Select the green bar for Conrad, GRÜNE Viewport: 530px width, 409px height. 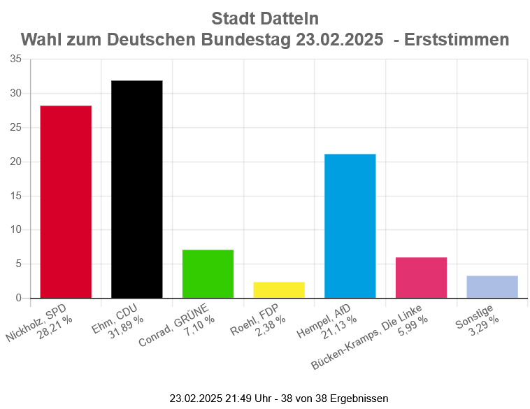[x=208, y=273]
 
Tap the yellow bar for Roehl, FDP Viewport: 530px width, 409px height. [x=278, y=289]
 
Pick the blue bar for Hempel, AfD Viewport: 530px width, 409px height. [x=350, y=226]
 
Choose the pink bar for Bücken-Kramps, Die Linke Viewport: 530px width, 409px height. [x=421, y=278]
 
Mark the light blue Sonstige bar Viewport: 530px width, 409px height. [x=492, y=287]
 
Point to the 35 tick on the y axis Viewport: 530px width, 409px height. [x=15, y=59]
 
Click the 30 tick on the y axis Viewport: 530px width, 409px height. [x=15, y=93]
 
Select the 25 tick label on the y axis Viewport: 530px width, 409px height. [x=15, y=127]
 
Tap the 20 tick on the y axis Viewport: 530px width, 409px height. [x=15, y=162]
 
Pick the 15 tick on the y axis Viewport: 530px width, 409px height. [x=15, y=195]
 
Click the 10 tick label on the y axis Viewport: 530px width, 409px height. [x=15, y=229]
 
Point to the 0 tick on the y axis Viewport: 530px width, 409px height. [x=18, y=298]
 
